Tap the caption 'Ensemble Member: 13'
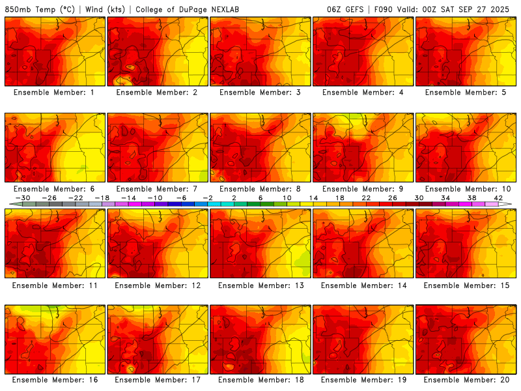point(260,285)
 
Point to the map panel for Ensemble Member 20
point(466,340)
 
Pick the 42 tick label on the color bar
point(498,197)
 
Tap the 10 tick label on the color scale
point(287,197)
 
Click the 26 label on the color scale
point(392,197)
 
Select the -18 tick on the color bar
point(102,197)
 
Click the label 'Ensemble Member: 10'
point(466,189)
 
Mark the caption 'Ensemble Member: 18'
point(260,380)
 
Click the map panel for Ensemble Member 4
point(363,51)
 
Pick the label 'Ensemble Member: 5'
point(466,93)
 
